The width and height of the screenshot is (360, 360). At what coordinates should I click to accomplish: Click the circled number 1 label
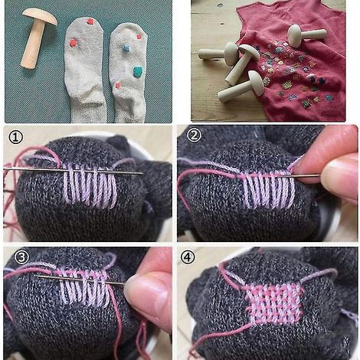point(15,138)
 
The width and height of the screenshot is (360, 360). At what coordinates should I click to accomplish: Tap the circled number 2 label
point(194,136)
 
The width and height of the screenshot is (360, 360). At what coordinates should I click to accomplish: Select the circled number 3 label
point(21,257)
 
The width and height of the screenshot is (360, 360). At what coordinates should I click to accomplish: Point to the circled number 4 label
point(188,257)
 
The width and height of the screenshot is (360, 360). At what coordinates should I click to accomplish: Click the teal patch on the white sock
point(138,71)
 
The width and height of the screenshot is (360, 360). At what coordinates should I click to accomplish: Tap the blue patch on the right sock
point(126,48)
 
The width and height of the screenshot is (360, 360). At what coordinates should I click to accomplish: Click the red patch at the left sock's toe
point(90,21)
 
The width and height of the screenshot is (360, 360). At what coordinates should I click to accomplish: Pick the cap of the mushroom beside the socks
point(40,16)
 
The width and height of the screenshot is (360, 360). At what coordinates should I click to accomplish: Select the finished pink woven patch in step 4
point(275,304)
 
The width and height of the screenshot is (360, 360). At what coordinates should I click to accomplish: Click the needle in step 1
point(74,170)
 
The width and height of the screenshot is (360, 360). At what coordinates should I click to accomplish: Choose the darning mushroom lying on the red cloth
point(307,35)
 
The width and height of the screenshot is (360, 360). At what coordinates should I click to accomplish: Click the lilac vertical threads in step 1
point(90,186)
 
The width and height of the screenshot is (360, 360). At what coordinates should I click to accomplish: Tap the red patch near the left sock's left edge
point(74,43)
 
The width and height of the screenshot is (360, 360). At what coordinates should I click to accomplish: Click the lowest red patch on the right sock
point(118,85)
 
